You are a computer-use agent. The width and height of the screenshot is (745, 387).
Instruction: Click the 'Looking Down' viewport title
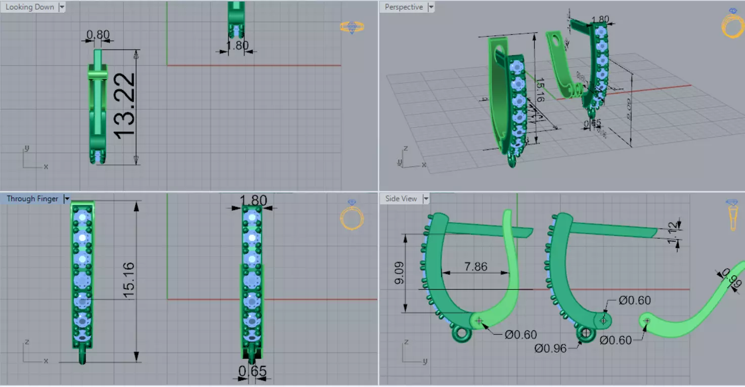tap(29, 7)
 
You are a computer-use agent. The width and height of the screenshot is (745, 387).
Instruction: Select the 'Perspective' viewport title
tap(403, 7)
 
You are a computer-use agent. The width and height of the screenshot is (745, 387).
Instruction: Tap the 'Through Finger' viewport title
tap(32, 199)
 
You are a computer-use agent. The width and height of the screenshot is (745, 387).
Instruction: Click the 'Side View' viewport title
tap(401, 199)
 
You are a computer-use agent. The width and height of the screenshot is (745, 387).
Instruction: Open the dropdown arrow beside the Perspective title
tap(431, 7)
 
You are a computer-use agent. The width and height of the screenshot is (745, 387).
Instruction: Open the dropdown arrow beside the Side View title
tap(426, 199)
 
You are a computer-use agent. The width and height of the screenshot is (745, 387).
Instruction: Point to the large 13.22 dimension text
tap(124, 105)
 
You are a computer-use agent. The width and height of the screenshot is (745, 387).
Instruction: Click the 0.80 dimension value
tap(98, 35)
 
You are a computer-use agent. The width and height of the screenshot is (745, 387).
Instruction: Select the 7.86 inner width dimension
tap(475, 266)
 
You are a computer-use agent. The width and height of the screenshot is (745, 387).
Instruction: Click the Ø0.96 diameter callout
tap(550, 348)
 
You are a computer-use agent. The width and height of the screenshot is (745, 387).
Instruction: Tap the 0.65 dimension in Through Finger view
tap(252, 372)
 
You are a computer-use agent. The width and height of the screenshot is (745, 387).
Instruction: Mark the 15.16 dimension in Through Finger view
tap(128, 281)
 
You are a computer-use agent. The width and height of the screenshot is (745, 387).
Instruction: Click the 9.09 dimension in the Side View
tap(399, 273)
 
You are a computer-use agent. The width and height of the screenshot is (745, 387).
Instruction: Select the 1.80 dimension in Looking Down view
tap(237, 46)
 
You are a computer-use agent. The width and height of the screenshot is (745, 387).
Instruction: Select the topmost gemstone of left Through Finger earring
tap(82, 217)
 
